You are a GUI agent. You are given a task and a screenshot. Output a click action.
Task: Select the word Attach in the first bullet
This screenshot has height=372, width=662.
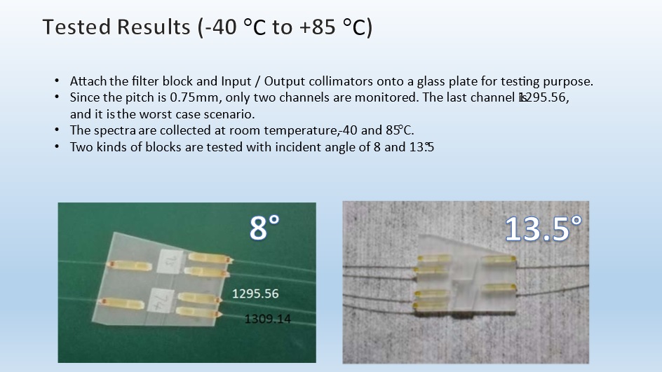(87, 81)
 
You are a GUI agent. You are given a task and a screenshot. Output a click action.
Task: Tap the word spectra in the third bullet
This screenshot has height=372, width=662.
(108, 130)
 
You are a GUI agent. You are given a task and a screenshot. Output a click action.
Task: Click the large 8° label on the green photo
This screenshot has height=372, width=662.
(265, 228)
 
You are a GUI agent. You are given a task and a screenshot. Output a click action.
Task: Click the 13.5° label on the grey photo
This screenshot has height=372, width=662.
(543, 228)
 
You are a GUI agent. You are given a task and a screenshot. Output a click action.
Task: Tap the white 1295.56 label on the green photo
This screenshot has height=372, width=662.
(255, 294)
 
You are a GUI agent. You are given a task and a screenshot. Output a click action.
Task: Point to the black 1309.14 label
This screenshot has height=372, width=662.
(267, 319)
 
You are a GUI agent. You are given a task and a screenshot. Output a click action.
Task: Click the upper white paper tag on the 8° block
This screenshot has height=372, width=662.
(170, 261)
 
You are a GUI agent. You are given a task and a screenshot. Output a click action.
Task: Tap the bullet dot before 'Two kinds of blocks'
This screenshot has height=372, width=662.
(57, 147)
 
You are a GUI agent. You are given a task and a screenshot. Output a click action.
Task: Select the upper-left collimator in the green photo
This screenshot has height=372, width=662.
(126, 264)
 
